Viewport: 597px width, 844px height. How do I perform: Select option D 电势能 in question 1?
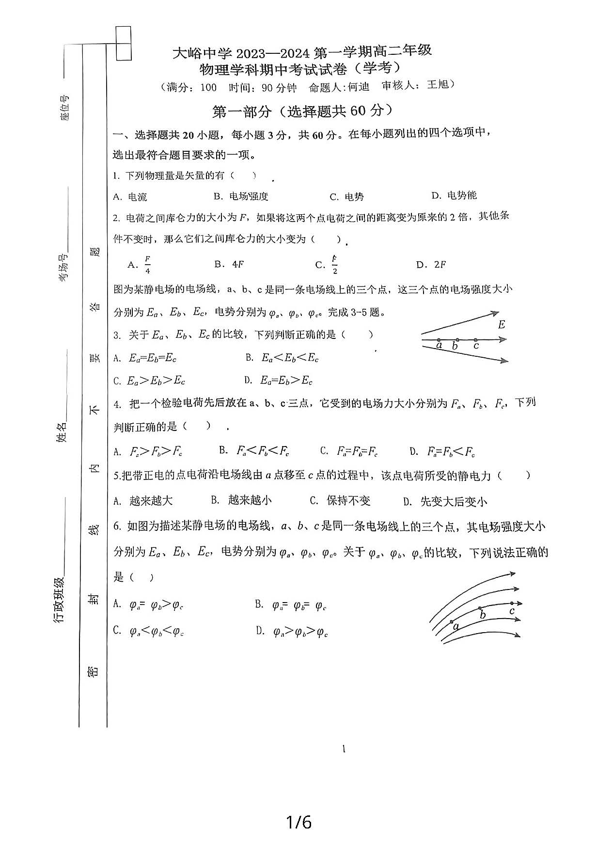click(455, 195)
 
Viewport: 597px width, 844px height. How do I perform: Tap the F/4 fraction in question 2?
click(147, 265)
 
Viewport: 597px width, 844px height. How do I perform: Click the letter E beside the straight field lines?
click(502, 325)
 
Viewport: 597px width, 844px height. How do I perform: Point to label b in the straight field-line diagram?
click(455, 346)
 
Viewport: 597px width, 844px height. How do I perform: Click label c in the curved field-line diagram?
click(512, 611)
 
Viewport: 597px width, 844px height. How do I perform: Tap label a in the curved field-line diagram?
click(456, 626)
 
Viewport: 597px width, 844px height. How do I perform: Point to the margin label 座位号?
click(64, 107)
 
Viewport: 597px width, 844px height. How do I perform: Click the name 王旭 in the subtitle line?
click(438, 85)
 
